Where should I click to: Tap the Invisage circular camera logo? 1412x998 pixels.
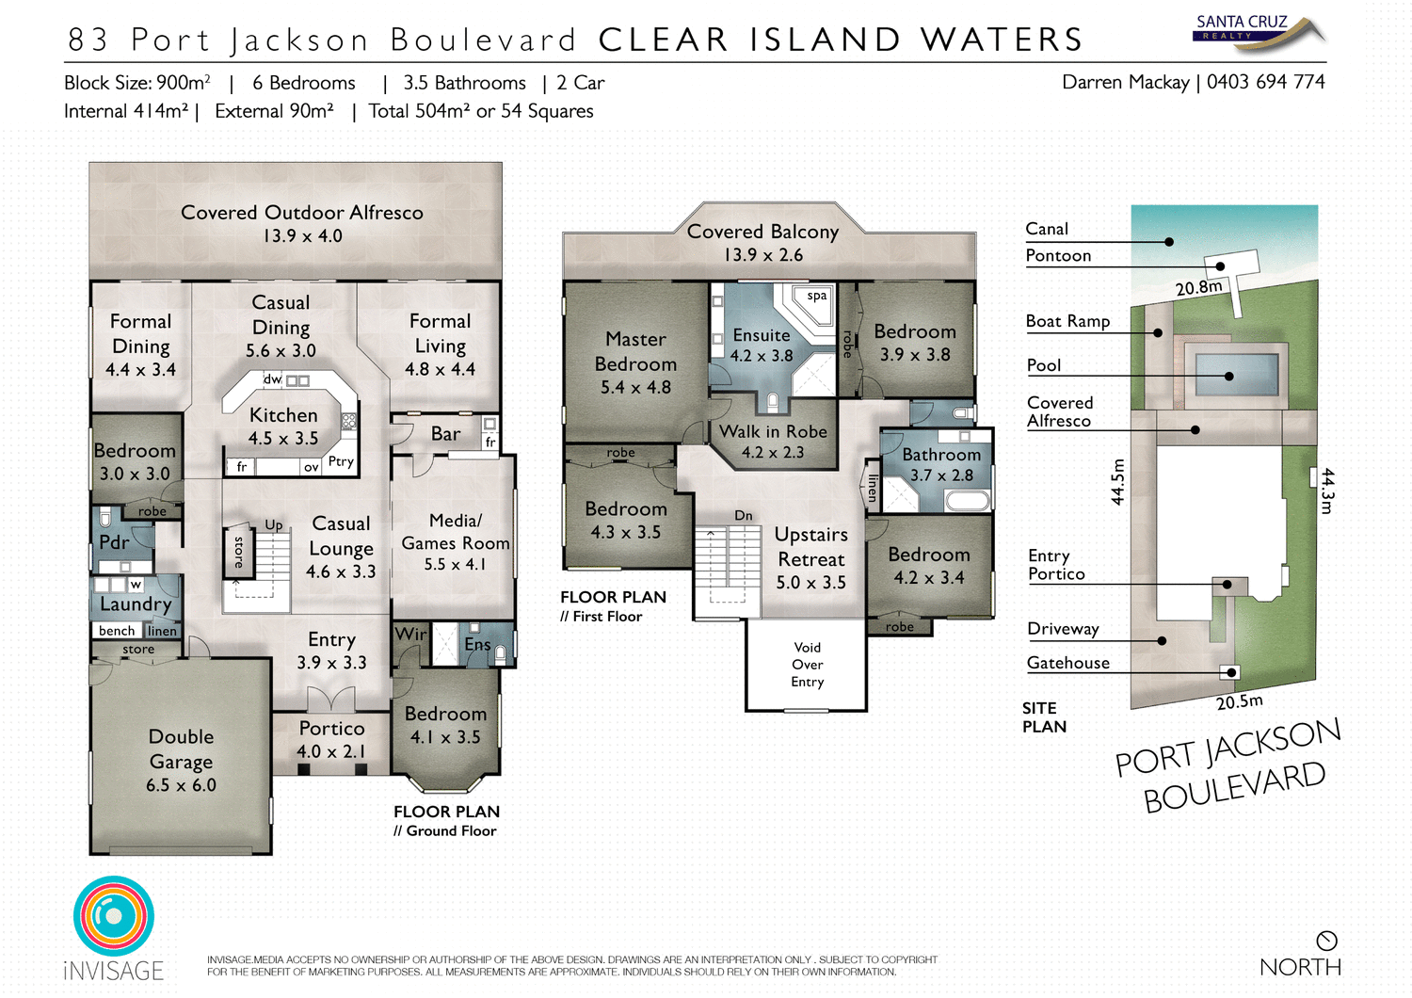pyautogui.click(x=114, y=916)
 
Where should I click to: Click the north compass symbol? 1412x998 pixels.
pyautogui.click(x=1326, y=941)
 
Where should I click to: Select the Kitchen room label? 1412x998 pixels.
pyautogui.click(x=283, y=415)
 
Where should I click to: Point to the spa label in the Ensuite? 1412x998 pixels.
pyautogui.click(x=817, y=296)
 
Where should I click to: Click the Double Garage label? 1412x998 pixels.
pyautogui.click(x=181, y=749)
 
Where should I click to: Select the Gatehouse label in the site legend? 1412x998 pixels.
pyautogui.click(x=1067, y=663)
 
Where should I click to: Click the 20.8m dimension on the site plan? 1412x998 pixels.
pyautogui.click(x=1198, y=287)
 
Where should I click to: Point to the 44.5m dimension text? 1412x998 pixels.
pyautogui.click(x=1117, y=482)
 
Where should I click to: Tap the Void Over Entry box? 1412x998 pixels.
pyautogui.click(x=807, y=665)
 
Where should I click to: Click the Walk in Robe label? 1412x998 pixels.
pyautogui.click(x=773, y=431)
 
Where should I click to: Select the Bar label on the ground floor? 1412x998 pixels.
pyautogui.click(x=445, y=434)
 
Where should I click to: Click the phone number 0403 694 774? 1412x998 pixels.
pyautogui.click(x=1265, y=82)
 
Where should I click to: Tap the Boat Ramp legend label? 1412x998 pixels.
pyautogui.click(x=1067, y=321)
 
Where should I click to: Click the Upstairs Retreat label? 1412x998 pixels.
pyautogui.click(x=810, y=547)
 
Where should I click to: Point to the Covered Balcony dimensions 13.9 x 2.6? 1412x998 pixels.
pyautogui.click(x=763, y=255)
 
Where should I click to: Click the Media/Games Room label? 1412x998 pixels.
pyautogui.click(x=456, y=532)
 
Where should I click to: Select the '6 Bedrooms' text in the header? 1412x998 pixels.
pyautogui.click(x=304, y=83)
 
